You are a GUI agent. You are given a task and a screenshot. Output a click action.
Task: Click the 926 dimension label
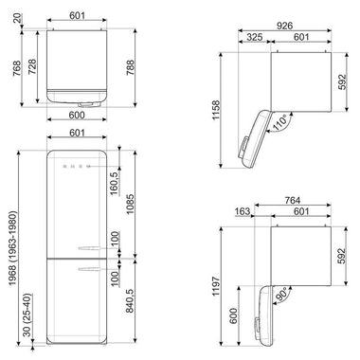tap(284, 26)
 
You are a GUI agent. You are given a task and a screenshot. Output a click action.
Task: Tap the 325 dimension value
tap(254, 37)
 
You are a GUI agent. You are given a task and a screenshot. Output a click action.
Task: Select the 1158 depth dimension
tap(216, 110)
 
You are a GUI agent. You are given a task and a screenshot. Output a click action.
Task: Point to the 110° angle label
tap(279, 122)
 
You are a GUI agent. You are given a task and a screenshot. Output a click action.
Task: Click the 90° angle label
tap(280, 295)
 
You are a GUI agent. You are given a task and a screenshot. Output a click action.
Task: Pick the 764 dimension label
tap(293, 200)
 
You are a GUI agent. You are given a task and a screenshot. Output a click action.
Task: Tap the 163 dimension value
tap(243, 211)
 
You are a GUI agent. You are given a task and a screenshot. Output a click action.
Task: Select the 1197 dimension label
tap(216, 286)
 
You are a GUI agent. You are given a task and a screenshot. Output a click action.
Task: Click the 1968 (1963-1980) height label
tap(12, 248)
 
